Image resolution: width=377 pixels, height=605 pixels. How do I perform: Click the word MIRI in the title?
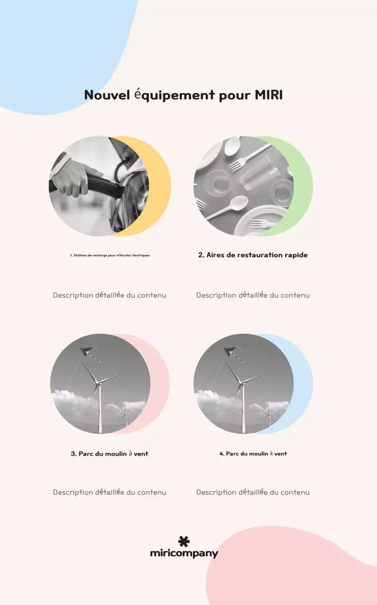point(269,95)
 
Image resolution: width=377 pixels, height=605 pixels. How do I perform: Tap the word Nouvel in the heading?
point(107,95)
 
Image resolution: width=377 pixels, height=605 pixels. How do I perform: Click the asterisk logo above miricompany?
point(184,541)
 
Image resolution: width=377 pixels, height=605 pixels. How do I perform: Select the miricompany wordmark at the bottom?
point(184,553)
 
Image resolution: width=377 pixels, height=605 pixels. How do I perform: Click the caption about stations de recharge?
point(110,255)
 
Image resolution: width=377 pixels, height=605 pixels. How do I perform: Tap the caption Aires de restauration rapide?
point(253,255)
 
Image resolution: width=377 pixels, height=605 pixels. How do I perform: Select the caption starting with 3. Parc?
point(109,453)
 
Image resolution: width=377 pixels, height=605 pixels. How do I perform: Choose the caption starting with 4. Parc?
point(253,453)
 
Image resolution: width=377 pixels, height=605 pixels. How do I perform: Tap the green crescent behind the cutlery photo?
point(303,186)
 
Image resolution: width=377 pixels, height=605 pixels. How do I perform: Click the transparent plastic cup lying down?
point(259,173)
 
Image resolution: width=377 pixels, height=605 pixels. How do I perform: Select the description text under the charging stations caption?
point(109,295)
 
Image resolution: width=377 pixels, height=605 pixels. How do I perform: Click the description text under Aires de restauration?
point(253,295)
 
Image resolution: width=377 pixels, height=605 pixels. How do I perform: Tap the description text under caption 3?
point(109,493)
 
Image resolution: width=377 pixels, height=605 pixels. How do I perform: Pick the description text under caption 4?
point(253,493)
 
